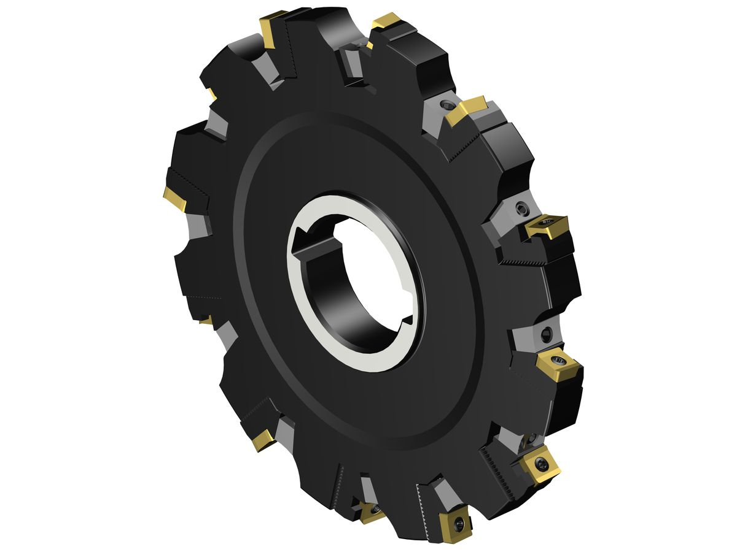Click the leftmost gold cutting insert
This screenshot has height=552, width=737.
[x=174, y=199]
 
